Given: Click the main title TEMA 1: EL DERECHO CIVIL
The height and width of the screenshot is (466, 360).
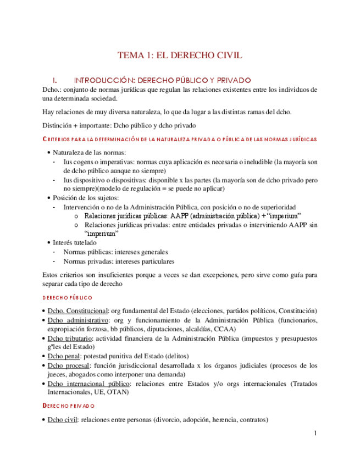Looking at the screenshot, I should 180,55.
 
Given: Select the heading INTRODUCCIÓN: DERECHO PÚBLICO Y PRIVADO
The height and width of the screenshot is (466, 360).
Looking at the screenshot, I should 162,80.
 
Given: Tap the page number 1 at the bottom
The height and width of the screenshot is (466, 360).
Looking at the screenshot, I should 315,434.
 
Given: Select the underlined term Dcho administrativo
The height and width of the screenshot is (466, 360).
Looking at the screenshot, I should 77,320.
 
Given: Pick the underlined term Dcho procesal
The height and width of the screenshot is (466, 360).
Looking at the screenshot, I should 69,365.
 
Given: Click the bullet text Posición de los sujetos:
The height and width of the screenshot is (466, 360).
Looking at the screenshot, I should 85,198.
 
